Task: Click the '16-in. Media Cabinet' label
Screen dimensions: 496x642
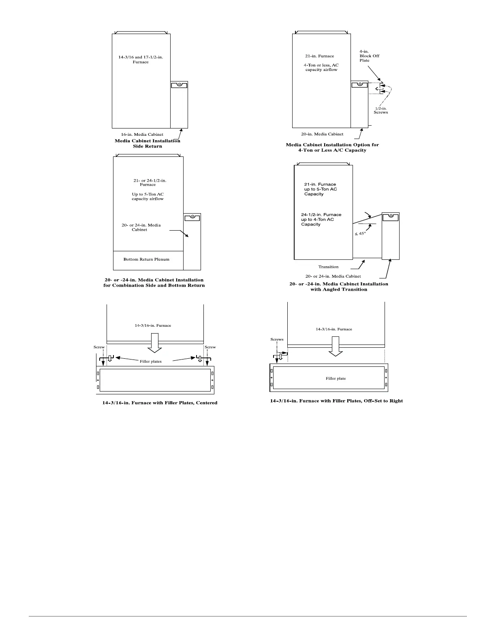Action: [142, 135]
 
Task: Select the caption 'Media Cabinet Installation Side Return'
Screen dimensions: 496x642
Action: [148, 143]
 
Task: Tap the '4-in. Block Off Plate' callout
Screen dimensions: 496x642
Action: [369, 56]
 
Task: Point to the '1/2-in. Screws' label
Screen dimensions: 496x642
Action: [381, 110]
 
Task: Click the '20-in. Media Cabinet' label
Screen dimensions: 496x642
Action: [322, 134]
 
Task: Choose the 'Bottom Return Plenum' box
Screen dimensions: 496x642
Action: [147, 259]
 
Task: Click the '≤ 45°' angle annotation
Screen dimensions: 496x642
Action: [360, 233]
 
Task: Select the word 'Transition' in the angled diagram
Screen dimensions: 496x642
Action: [328, 267]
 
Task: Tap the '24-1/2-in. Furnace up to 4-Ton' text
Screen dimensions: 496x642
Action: [321, 219]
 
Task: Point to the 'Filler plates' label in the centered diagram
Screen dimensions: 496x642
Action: [151, 361]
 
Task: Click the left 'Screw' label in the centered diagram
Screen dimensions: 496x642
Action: [99, 347]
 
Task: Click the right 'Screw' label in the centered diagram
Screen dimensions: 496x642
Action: [210, 347]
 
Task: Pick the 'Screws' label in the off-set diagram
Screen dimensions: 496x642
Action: [277, 339]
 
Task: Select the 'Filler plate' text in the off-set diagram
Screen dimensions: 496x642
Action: [336, 379]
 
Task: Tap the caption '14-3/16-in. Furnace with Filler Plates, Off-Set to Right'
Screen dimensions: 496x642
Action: [336, 401]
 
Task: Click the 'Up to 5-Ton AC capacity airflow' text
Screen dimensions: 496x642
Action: [148, 197]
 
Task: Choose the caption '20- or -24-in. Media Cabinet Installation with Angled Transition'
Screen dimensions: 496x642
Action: [339, 287]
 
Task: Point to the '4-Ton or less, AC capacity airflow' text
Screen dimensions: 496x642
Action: [321, 67]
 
